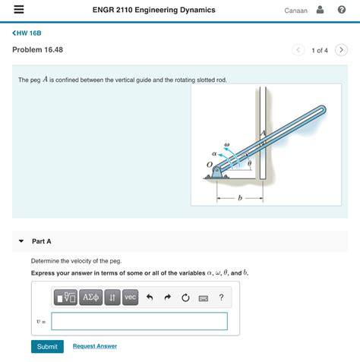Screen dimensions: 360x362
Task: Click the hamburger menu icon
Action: (19, 9)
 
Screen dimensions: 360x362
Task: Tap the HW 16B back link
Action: (27, 33)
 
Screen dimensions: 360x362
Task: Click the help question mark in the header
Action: (342, 10)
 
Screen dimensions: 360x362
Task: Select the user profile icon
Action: (320, 10)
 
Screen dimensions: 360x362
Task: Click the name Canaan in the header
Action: (295, 11)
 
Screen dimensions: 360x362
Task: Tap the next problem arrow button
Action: (341, 50)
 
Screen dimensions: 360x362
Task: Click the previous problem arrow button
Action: (298, 50)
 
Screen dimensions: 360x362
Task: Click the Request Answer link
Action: (95, 346)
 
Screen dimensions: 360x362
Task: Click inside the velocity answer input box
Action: (139, 321)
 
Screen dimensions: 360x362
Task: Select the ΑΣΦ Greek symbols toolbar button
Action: (91, 297)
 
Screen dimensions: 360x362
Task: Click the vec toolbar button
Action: (131, 297)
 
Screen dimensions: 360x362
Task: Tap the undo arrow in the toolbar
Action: (150, 297)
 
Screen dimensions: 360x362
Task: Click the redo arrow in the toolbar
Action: (168, 297)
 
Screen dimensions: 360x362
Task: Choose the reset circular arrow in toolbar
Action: (185, 297)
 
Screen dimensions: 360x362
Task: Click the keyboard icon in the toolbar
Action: (204, 298)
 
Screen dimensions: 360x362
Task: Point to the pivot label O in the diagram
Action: (210, 165)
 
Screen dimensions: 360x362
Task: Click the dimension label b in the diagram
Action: (240, 197)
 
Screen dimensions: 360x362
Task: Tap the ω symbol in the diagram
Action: (227, 145)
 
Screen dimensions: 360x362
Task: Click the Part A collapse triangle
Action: (21, 241)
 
